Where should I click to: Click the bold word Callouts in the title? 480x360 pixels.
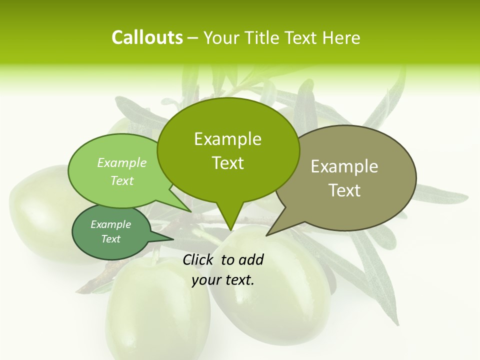coord(147,37)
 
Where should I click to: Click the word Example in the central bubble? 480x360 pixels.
coord(227,139)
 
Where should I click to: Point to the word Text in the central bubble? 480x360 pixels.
coord(227,163)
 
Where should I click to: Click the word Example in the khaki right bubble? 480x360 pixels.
coord(344,166)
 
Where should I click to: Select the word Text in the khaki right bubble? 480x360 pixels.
coord(344,190)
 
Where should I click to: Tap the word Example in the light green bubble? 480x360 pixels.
coord(122,162)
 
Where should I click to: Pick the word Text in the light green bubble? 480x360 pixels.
coord(122,180)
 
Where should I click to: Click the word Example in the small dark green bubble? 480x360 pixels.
coord(110,224)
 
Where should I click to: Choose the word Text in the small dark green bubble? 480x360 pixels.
coord(110,239)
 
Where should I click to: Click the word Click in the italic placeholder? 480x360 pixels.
coord(198,259)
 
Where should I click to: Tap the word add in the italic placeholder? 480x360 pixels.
coord(251,259)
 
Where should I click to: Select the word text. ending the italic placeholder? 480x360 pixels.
coord(239,280)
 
